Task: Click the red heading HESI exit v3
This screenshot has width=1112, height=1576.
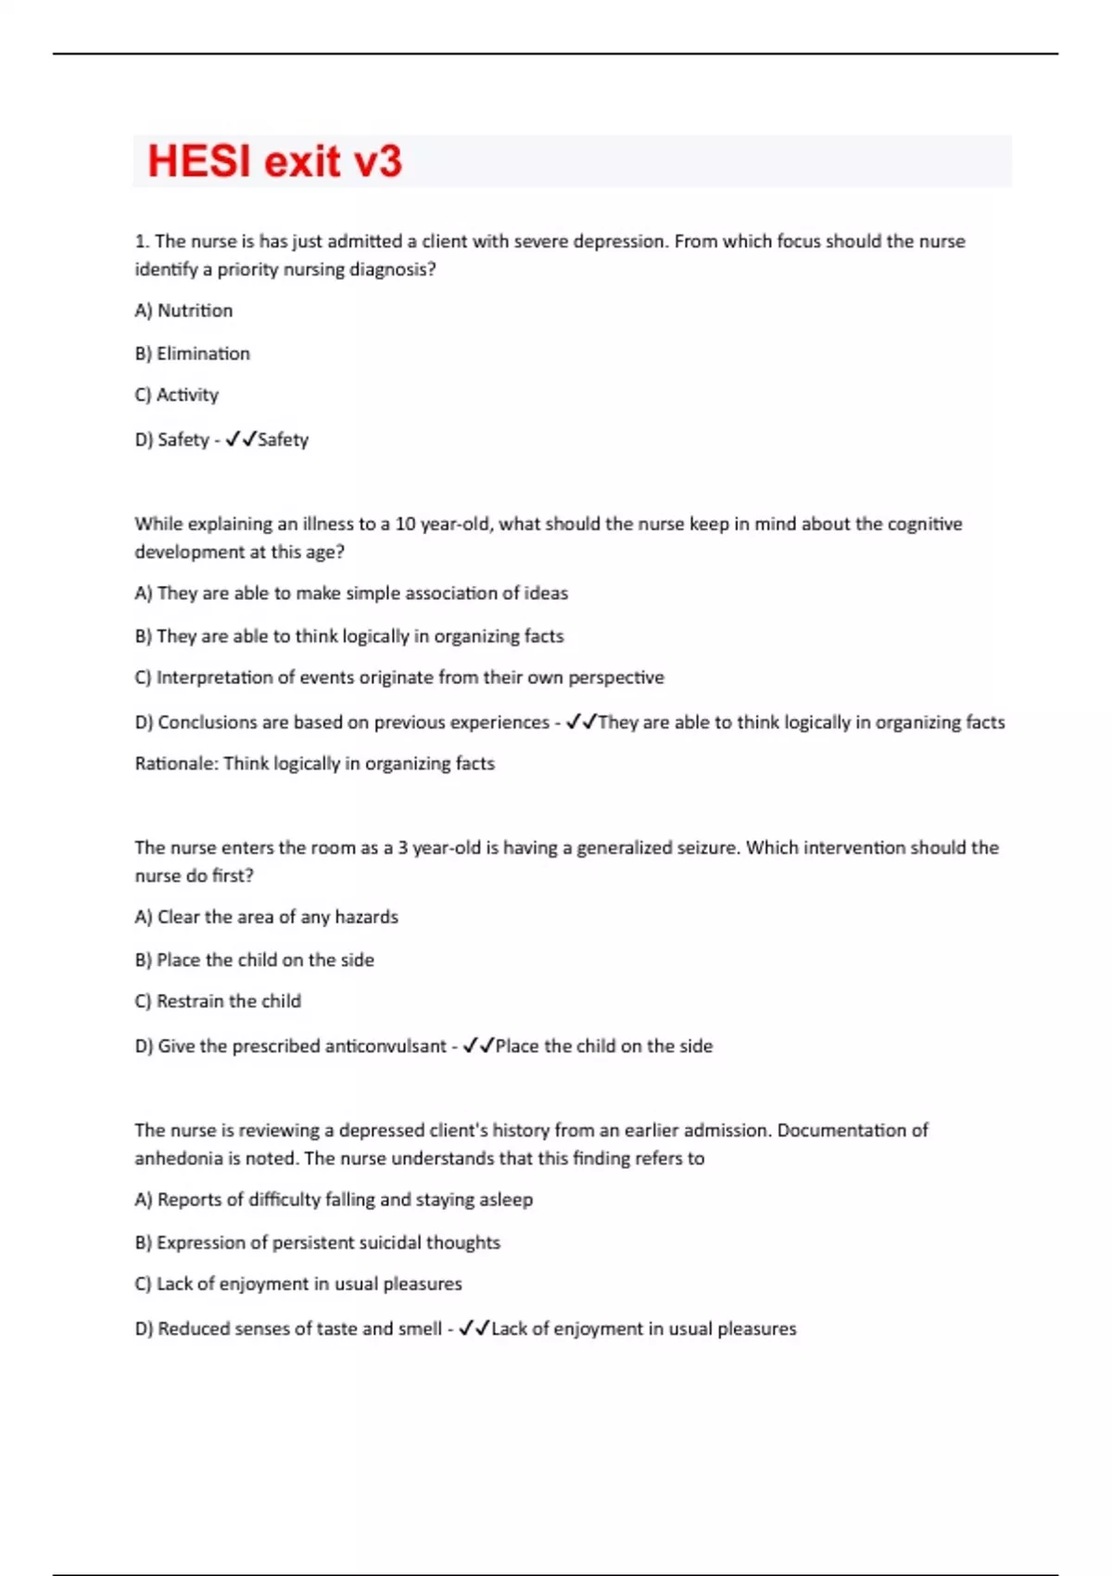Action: (x=274, y=161)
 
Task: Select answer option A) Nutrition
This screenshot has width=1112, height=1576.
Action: (x=183, y=311)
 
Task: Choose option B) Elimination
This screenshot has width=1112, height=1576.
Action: (x=192, y=353)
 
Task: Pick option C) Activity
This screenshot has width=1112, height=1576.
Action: (x=176, y=395)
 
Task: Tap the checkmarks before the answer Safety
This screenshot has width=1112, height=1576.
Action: (x=240, y=438)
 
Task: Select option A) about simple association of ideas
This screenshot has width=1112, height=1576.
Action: (x=351, y=593)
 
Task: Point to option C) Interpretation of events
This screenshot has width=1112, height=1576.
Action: (x=398, y=678)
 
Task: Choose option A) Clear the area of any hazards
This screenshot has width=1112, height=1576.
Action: (x=266, y=917)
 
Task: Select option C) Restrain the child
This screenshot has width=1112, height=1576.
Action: (x=218, y=1001)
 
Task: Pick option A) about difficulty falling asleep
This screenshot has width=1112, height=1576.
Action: (x=334, y=1200)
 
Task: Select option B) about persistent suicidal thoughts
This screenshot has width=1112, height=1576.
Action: (x=317, y=1242)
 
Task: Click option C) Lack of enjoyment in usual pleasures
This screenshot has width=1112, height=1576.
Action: (x=297, y=1284)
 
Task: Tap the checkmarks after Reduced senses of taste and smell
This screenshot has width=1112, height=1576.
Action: (x=474, y=1328)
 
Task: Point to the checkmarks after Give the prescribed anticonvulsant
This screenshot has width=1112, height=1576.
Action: (x=478, y=1045)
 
